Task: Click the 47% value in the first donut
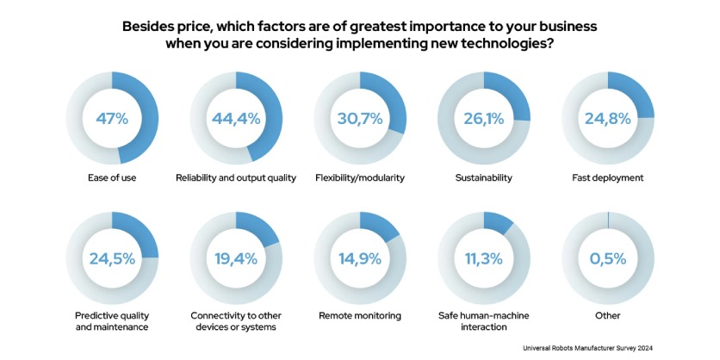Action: click(112, 118)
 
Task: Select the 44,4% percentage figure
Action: click(236, 118)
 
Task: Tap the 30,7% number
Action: click(360, 118)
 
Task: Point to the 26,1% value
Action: click(484, 118)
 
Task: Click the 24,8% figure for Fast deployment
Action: click(608, 118)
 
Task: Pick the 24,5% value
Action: click(112, 258)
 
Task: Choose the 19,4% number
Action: click(236, 258)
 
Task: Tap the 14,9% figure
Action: click(360, 258)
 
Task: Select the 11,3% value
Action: click(484, 258)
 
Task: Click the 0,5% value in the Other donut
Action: click(608, 258)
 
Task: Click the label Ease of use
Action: click(112, 177)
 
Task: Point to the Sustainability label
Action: click(484, 177)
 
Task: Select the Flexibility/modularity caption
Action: click(360, 177)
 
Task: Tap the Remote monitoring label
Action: click(360, 316)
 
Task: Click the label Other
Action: click(608, 316)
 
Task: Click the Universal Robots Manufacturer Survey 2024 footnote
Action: click(617, 349)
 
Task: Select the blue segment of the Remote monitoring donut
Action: click(380, 225)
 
